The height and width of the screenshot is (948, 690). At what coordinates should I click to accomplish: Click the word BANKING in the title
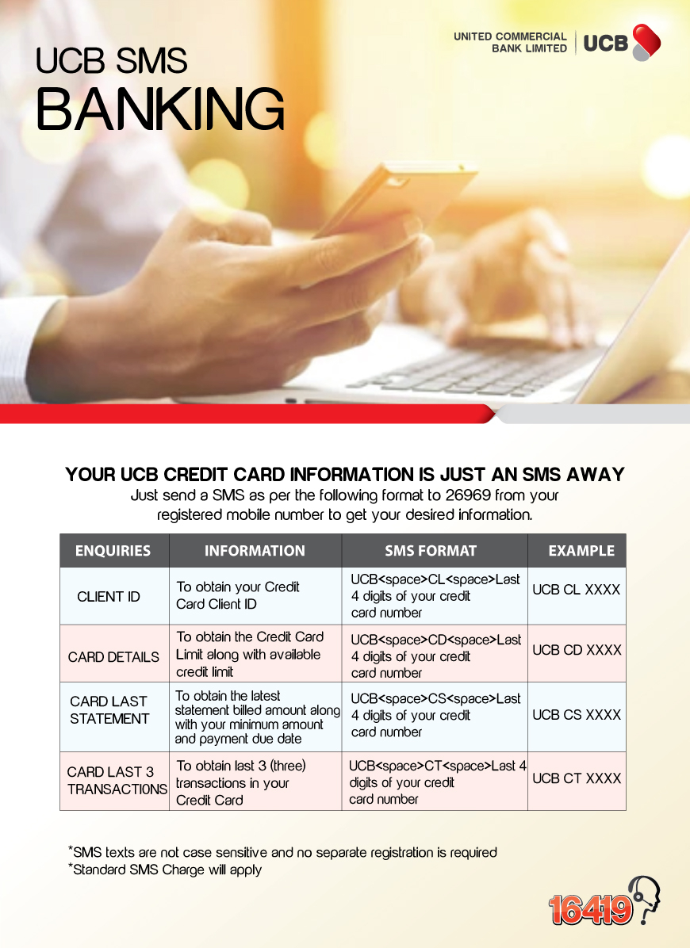click(x=160, y=109)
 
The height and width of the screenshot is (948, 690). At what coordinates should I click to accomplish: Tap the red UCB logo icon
click(x=646, y=42)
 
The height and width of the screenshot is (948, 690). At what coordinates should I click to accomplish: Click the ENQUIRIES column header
click(x=113, y=551)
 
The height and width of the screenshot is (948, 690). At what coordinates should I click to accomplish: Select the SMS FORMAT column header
click(x=431, y=551)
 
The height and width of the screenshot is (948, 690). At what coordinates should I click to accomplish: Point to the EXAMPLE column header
click(x=581, y=551)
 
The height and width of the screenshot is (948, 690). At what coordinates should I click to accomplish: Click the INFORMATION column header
click(x=255, y=551)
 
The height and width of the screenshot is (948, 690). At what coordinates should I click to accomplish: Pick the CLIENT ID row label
click(x=108, y=597)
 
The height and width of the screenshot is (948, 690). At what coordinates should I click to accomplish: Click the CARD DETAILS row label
click(x=113, y=657)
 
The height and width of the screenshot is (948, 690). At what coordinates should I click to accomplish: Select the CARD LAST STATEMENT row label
click(x=109, y=709)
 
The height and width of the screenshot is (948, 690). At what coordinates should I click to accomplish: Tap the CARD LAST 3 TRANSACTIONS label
click(x=117, y=781)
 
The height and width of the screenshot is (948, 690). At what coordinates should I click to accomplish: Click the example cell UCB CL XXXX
click(x=577, y=590)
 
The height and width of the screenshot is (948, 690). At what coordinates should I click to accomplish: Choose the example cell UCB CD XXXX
click(x=577, y=650)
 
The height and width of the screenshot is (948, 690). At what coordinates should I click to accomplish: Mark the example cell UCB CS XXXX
click(x=577, y=715)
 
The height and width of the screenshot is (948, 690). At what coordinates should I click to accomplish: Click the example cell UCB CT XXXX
click(x=577, y=778)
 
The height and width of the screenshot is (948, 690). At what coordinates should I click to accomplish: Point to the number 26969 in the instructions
click(x=467, y=495)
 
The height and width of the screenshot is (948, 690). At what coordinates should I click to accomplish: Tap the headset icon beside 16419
click(x=645, y=899)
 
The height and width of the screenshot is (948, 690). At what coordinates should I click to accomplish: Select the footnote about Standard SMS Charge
click(x=165, y=870)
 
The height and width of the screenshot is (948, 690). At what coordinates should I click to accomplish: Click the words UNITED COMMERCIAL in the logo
click(x=510, y=36)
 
